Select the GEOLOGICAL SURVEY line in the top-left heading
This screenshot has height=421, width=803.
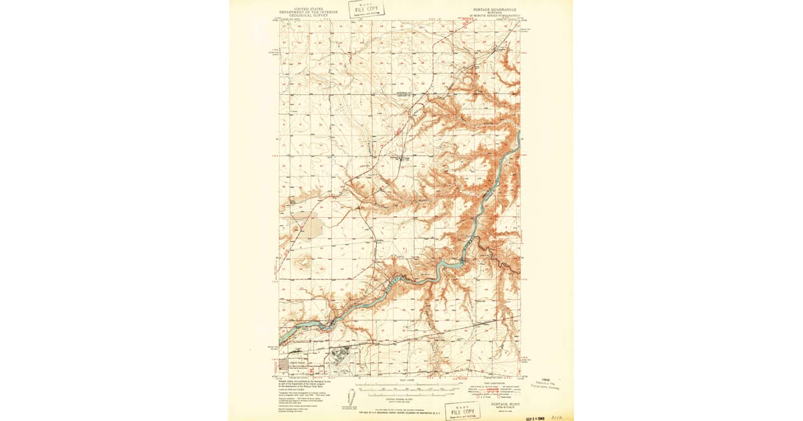[x=301, y=17]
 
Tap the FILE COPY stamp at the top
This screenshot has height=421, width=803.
[x=362, y=9]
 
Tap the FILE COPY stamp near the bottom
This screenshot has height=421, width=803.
[x=462, y=410]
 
